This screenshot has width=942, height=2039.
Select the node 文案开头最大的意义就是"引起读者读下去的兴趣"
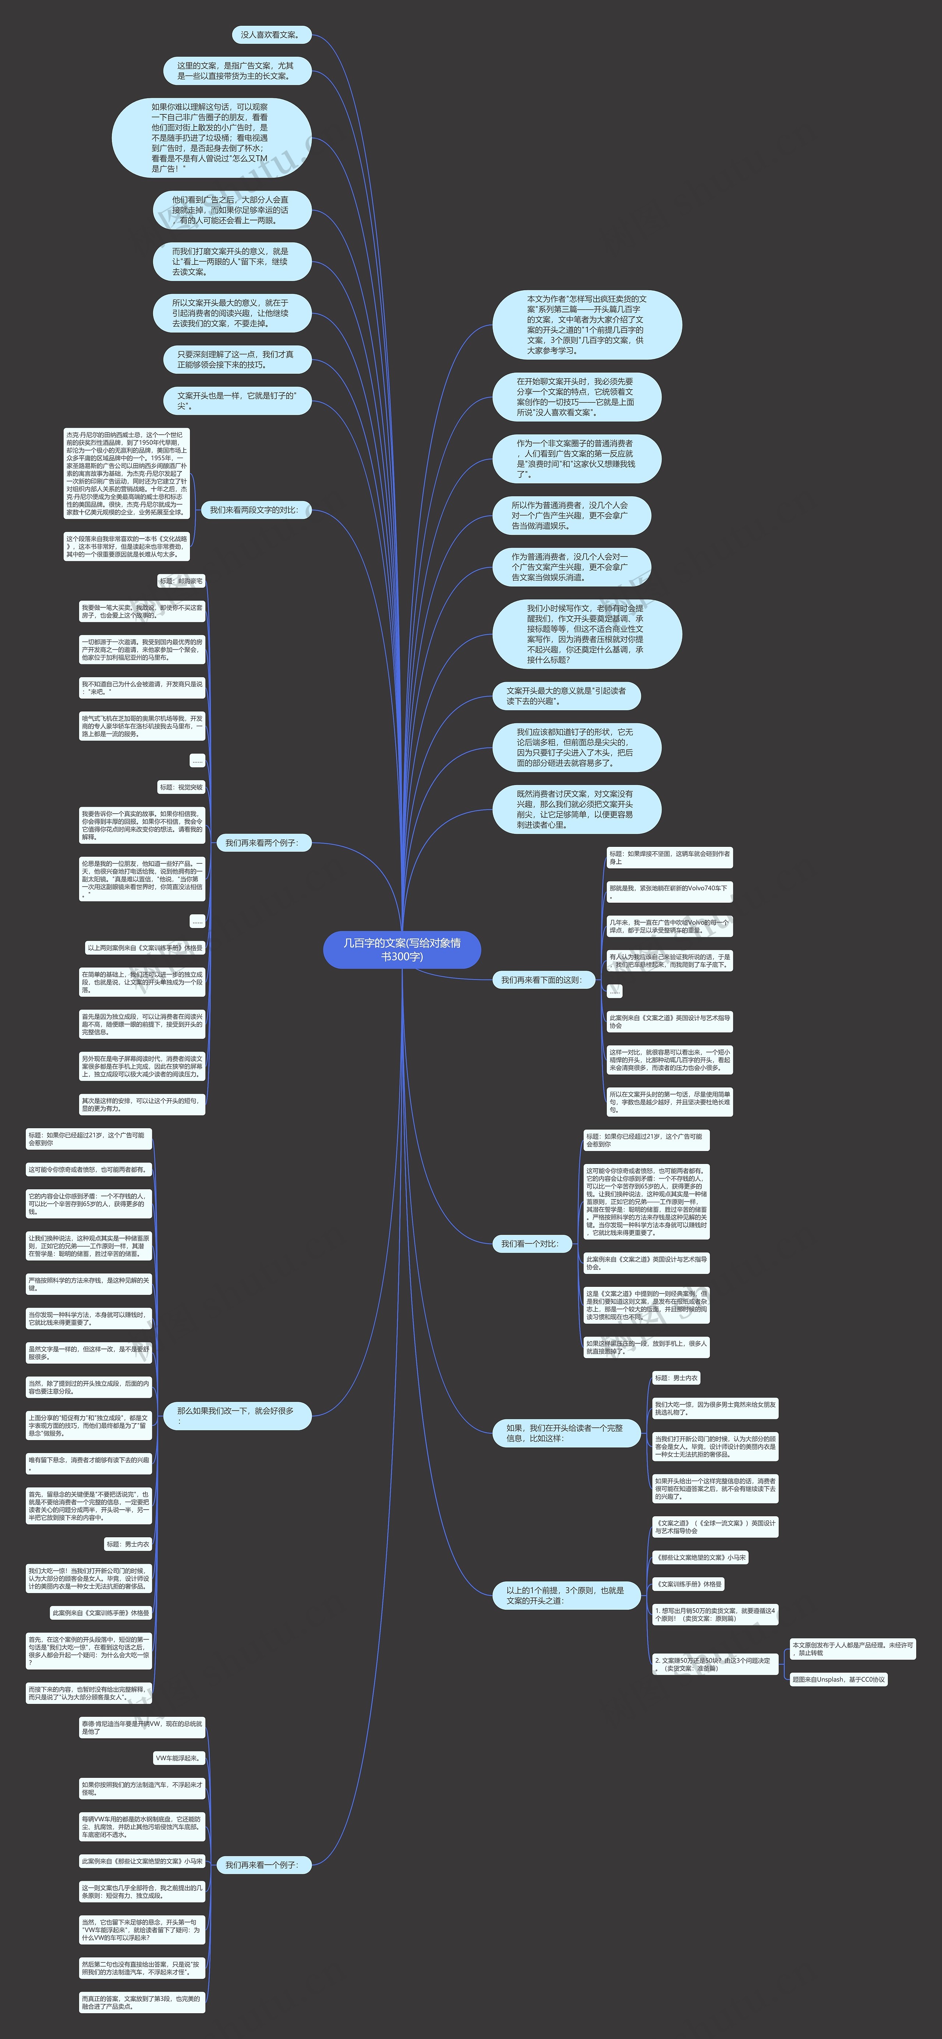point(567,696)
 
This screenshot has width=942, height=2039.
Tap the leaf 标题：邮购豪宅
point(181,581)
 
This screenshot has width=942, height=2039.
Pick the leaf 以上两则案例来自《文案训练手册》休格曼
point(145,948)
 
